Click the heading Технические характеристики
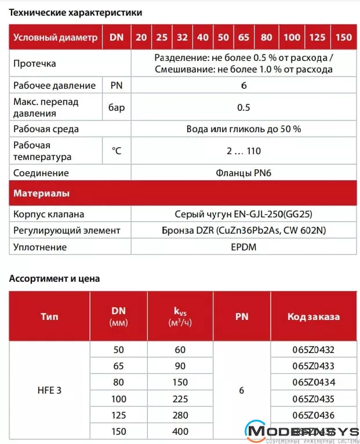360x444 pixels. pos(75,12)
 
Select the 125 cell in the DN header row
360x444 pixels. pos(317,38)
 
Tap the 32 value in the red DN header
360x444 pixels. pos(182,38)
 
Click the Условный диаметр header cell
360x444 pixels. pos(56,38)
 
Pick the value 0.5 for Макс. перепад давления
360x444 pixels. pos(243,107)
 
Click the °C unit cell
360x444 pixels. pos(117,151)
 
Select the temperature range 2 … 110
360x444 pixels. pos(243,151)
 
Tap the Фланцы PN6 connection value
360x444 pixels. pos(243,173)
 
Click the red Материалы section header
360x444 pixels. pos(42,193)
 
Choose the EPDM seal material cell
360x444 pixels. pos(243,247)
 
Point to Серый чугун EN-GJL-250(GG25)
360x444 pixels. pos(243,213)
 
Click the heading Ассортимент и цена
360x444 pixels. pos(54,278)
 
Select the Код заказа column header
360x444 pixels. pos(314,316)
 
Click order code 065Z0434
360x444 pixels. pos(314,382)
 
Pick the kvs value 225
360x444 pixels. pos(180,399)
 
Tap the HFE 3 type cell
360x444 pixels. pos(49,390)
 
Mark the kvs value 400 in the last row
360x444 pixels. pos(180,432)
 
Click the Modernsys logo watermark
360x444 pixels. pos(301,432)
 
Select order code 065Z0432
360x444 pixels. pos(314,350)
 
